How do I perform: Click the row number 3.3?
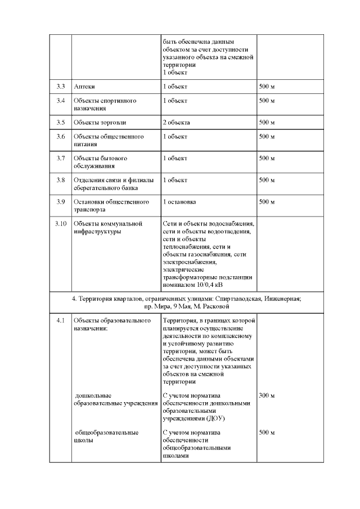(x=61, y=87)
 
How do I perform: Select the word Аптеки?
(x=84, y=87)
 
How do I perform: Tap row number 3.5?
(x=61, y=122)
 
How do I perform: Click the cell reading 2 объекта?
(x=176, y=122)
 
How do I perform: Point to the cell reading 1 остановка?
(x=179, y=201)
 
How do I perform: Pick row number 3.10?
(x=61, y=223)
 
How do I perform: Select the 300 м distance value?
(x=267, y=395)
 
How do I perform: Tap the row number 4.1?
(x=61, y=321)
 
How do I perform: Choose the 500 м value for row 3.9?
(x=267, y=201)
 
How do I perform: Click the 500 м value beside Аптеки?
(x=267, y=87)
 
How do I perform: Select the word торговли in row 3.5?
(x=114, y=122)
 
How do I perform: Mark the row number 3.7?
(x=61, y=158)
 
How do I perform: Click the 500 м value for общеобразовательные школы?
(x=267, y=433)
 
